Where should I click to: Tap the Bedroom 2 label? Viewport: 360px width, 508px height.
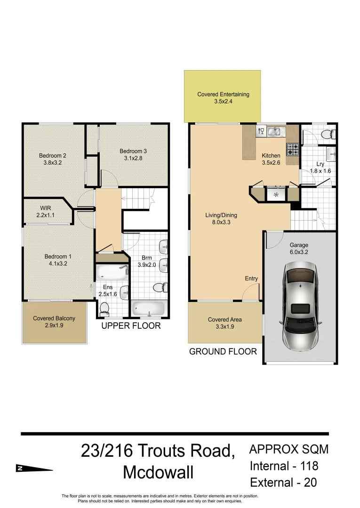click(x=52, y=156)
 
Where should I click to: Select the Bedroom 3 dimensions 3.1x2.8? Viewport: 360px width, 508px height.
click(x=133, y=159)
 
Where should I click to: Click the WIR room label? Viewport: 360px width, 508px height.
click(x=46, y=208)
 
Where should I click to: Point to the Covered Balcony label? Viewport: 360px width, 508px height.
click(x=54, y=318)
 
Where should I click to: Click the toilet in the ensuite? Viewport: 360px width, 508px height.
click(x=104, y=308)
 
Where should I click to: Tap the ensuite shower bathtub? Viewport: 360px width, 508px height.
click(x=112, y=272)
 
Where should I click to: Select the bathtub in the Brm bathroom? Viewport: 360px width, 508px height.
click(x=148, y=309)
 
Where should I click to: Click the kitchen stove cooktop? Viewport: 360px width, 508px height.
click(x=292, y=150)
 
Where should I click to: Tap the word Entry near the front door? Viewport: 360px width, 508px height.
click(x=251, y=278)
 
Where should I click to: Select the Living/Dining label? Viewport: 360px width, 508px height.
click(x=221, y=215)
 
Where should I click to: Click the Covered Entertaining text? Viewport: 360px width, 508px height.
click(x=223, y=94)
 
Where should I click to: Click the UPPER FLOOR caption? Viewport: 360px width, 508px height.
click(x=131, y=325)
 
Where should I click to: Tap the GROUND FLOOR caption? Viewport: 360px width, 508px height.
click(x=223, y=351)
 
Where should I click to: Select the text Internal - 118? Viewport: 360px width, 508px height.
click(x=284, y=466)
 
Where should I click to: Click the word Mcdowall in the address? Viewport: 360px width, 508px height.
click(x=158, y=473)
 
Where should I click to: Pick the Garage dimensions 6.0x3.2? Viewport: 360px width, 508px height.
click(x=299, y=252)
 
